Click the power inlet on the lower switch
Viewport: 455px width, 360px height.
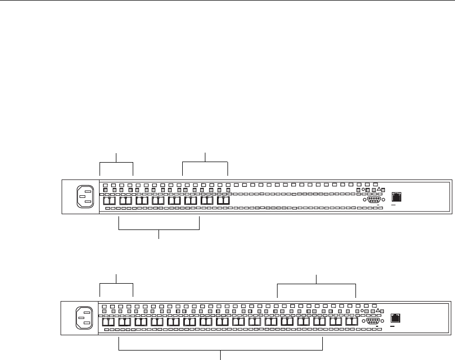click(x=84, y=317)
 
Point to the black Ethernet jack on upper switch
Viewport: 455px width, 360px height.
click(x=397, y=197)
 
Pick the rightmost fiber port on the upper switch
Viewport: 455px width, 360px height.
click(x=223, y=201)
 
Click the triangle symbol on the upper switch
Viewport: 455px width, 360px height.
click(x=379, y=189)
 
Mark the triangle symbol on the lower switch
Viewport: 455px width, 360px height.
click(x=378, y=311)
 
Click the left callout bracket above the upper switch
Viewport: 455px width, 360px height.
click(x=116, y=163)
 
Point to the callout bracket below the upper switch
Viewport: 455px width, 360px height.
click(x=160, y=229)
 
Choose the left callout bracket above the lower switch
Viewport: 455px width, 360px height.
click(x=116, y=284)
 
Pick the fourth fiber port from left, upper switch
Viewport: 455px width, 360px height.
click(x=157, y=201)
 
